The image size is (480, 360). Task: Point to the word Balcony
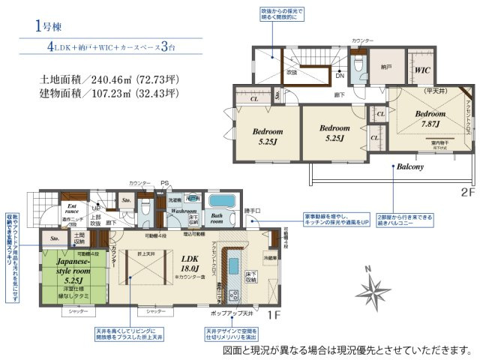tap(411, 166)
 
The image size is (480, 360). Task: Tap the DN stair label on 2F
tap(339, 75)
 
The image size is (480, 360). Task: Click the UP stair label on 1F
tap(95, 209)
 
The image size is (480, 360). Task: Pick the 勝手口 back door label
tap(253, 211)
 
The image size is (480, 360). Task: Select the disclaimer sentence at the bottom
tap(347, 349)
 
